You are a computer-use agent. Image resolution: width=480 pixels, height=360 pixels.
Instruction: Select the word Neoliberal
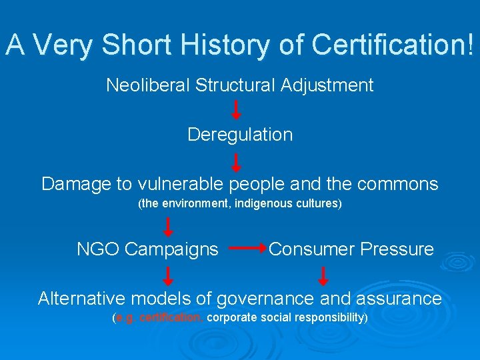tap(147, 85)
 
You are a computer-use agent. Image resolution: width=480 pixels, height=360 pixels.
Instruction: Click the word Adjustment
tap(327, 85)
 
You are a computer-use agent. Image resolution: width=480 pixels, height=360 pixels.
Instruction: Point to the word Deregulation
tap(240, 135)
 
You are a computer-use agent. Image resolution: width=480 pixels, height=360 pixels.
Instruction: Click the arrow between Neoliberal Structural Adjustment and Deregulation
tap(236, 110)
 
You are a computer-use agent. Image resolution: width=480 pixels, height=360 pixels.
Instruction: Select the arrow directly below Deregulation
tap(236, 162)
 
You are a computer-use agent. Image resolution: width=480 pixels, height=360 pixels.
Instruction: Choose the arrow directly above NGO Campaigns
tap(169, 227)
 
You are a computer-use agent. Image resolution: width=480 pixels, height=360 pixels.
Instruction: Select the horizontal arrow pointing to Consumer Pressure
tap(247, 249)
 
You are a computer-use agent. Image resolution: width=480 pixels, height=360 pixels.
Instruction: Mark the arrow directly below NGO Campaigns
tap(169, 275)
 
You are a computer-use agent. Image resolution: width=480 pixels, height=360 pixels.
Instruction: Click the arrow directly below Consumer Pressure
tap(324, 275)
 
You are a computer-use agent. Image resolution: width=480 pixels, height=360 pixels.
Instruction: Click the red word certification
tap(171, 318)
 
